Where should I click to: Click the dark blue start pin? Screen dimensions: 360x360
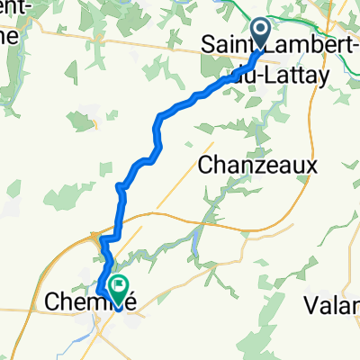(x=260, y=34)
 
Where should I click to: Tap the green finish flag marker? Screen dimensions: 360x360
(x=118, y=287)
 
